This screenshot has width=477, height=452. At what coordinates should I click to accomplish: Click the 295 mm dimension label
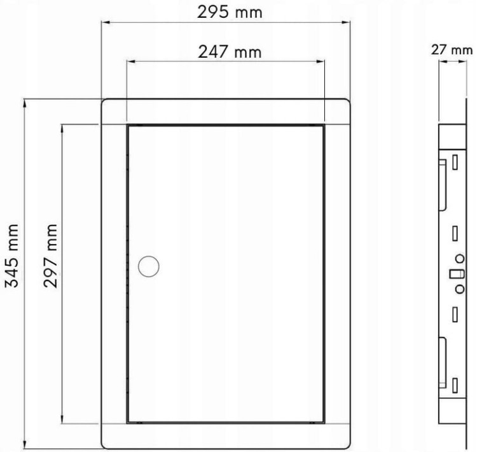230,13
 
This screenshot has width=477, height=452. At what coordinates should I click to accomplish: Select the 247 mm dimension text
230,52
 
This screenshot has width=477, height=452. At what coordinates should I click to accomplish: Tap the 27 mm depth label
452,50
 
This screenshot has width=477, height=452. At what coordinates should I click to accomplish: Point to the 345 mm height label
12,256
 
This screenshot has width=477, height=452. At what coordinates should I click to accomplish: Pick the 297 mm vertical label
50,256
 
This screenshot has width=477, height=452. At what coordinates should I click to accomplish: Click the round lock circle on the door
148,266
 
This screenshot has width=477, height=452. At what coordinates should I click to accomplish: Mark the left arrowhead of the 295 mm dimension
106,22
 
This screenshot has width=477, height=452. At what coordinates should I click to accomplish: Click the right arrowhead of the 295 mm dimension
346,22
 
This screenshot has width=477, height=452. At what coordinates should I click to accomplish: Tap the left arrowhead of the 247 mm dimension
131,62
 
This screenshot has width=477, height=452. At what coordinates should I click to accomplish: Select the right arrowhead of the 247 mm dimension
321,62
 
